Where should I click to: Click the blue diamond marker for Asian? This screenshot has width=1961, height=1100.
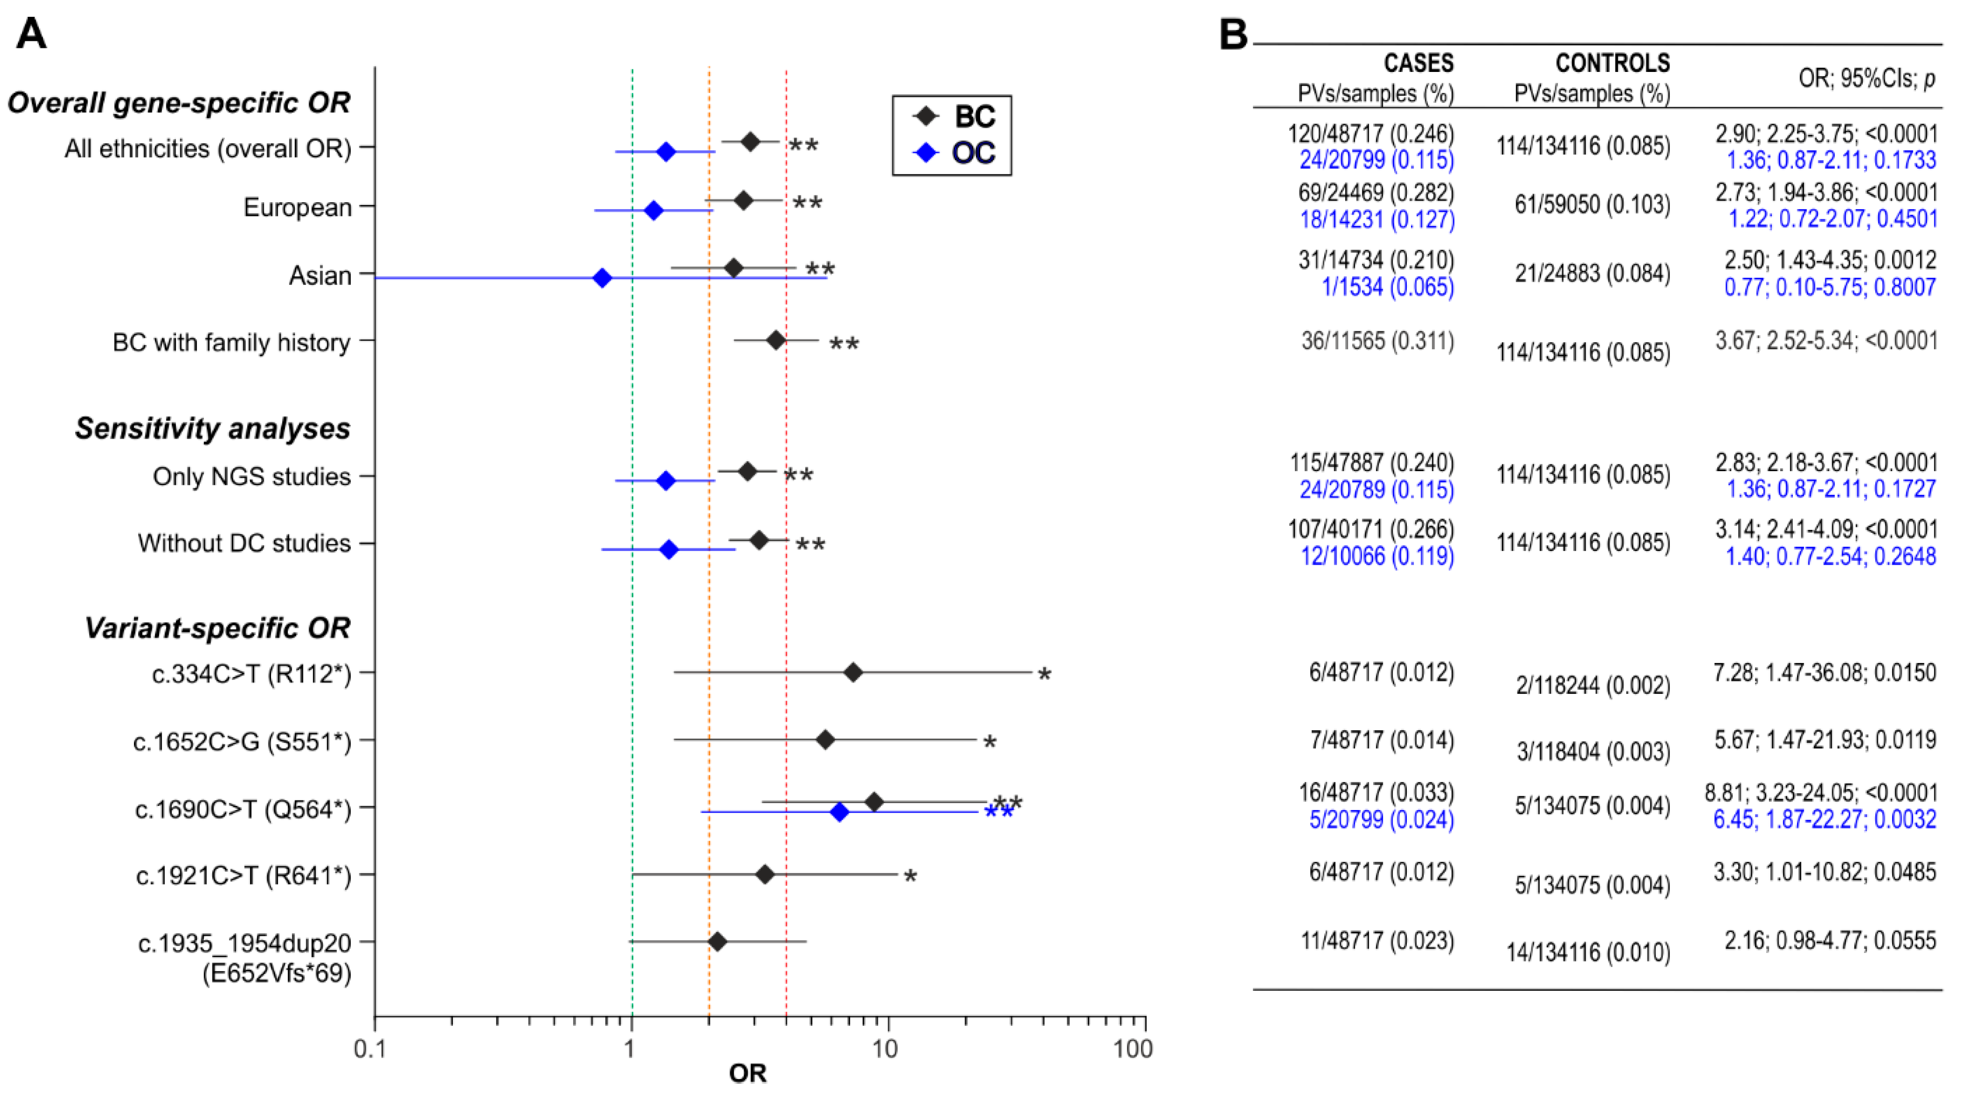pos(602,278)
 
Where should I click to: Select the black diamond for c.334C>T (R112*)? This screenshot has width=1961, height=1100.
pos(853,672)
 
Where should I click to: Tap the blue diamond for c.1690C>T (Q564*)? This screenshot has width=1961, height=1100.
pos(839,812)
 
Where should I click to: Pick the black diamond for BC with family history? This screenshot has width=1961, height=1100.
pos(776,340)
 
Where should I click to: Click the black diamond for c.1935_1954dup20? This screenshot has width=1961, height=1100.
pos(717,942)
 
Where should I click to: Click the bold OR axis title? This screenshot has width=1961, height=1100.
pos(747,1073)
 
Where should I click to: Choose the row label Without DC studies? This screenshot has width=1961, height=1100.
pos(244,543)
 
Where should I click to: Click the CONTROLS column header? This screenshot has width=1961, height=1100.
pos(1612,63)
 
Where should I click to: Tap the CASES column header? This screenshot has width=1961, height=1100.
pos(1418,63)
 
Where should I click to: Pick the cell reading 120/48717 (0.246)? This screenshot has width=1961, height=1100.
pos(1370,133)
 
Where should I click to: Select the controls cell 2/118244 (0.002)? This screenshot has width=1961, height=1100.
pos(1593,685)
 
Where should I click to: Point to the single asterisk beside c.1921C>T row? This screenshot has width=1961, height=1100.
pos(910,877)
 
